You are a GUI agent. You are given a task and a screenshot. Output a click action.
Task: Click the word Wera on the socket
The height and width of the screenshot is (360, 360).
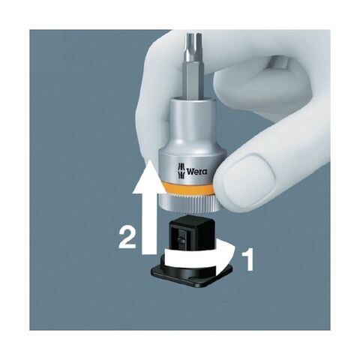click(x=197, y=172)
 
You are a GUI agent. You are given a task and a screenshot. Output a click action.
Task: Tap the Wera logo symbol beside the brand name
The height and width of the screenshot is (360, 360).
click(x=181, y=172)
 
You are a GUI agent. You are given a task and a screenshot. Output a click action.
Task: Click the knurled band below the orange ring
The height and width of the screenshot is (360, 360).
click(x=186, y=203)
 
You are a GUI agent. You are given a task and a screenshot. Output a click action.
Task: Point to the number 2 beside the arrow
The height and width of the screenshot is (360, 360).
click(x=127, y=237)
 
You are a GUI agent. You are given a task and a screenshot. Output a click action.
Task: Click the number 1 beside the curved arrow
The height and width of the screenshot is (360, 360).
click(x=247, y=259)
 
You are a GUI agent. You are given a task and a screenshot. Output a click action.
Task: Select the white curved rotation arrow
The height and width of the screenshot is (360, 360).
click(x=200, y=257)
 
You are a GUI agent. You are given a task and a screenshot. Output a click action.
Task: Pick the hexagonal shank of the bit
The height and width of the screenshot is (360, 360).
click(x=193, y=80)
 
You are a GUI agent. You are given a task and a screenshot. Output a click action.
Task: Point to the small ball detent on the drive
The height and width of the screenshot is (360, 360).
click(x=182, y=241)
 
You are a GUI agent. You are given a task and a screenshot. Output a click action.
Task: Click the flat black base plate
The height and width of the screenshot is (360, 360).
click(x=191, y=275)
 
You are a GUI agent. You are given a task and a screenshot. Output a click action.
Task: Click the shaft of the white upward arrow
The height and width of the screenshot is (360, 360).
click(x=149, y=223)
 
